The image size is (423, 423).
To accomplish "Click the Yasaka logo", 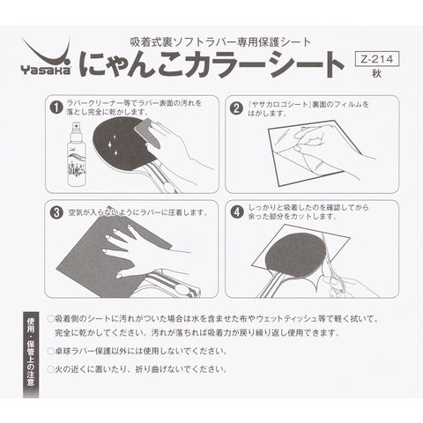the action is tap(46, 58).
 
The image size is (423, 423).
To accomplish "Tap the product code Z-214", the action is tap(377, 59).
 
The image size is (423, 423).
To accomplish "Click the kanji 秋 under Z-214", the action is tap(376, 74).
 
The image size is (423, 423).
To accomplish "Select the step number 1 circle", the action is tap(56, 108).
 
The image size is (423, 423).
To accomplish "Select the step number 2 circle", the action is tap(237, 108).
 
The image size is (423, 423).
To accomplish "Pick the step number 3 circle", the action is tap(56, 212).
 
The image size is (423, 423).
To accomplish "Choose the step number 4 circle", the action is tap(237, 211).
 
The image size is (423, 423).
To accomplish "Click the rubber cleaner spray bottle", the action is tap(77, 153).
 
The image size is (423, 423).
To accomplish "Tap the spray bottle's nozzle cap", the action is tap(77, 127).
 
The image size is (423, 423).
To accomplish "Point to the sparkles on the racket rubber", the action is tap(113, 147).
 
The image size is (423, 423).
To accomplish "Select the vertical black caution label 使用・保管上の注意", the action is tap(31, 355).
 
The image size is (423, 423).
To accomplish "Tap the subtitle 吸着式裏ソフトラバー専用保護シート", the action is tap(220, 42).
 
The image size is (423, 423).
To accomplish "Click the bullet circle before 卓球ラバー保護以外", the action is tap(50, 351).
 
